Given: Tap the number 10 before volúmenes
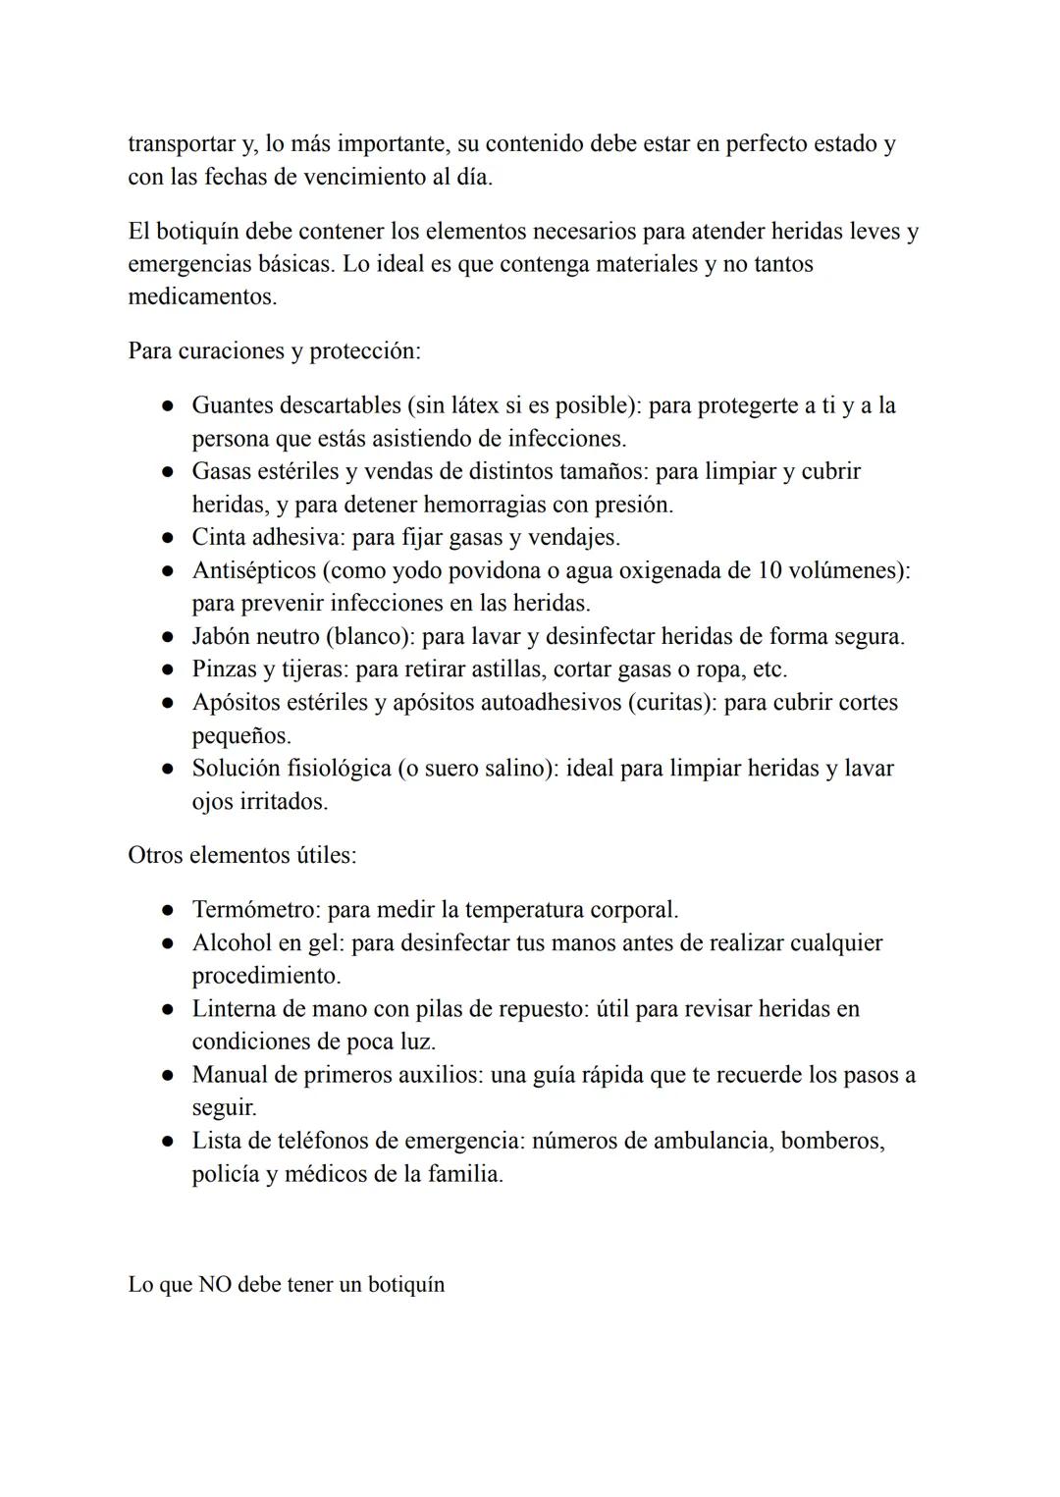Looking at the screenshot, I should point(770,570).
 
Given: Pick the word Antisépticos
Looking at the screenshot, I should point(253,570).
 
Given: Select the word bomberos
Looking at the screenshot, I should point(831,1141).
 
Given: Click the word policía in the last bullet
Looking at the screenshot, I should point(225,1174).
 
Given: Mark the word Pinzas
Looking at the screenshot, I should point(223,669).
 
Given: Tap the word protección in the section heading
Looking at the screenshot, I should point(364,351).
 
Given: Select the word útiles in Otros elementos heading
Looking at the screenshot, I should point(326,855).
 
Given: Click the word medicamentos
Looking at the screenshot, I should point(201,296).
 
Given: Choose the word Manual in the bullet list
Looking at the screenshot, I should point(230,1075).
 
